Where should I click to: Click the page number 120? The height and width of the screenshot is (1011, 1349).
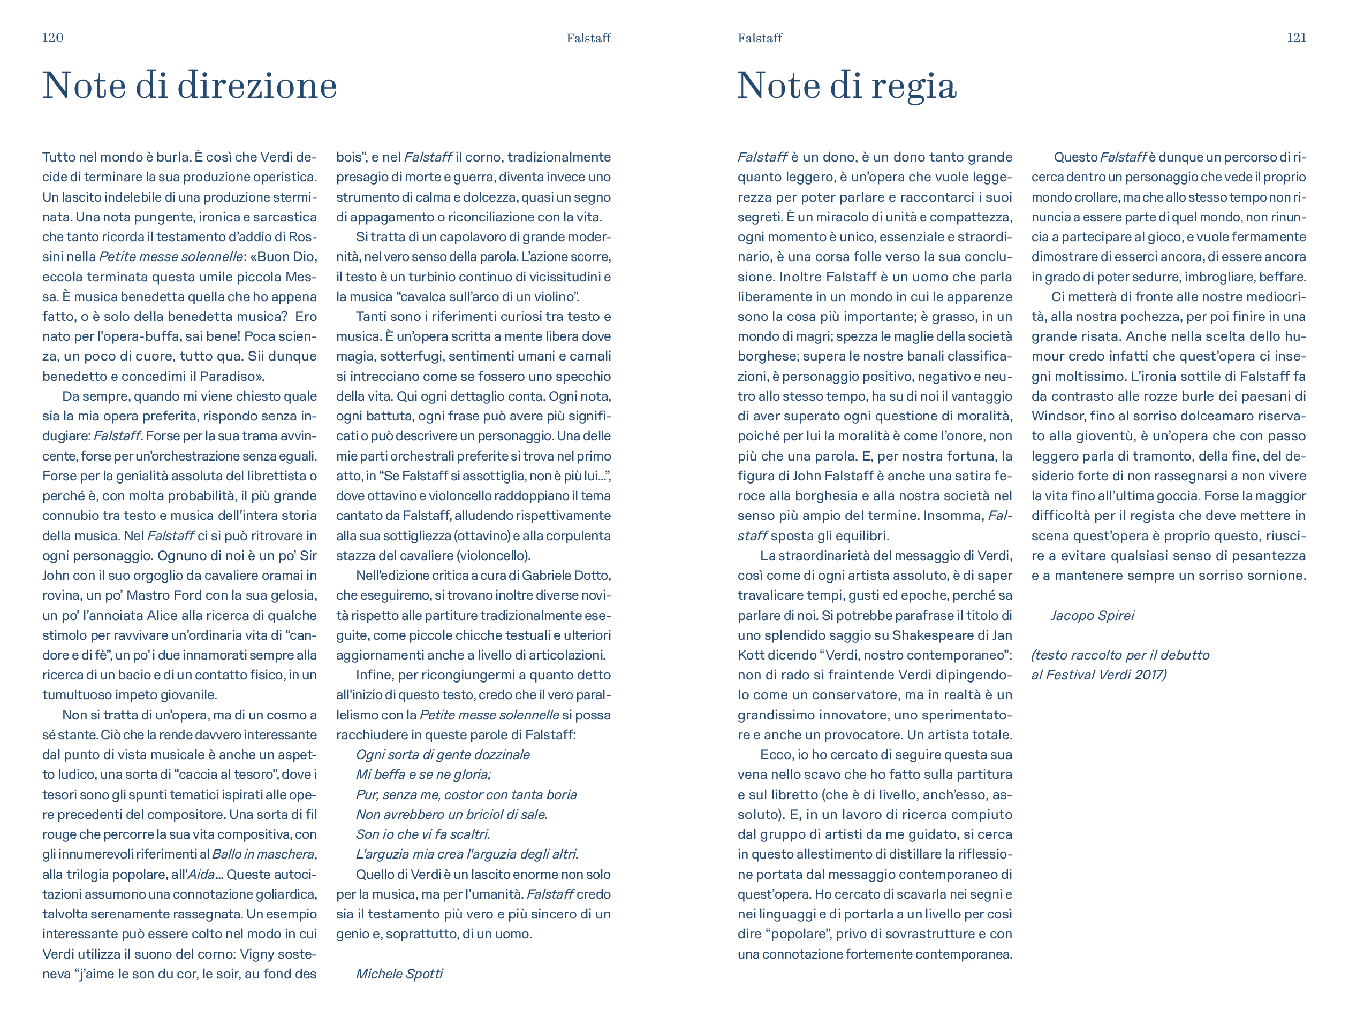click(x=52, y=38)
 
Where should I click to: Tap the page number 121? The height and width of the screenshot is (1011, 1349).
click(x=1296, y=38)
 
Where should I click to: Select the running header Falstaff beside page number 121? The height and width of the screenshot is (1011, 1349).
click(x=759, y=39)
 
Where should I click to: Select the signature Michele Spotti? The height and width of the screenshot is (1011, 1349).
click(x=399, y=973)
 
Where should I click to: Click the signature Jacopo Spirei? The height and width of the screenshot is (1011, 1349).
click(x=1092, y=615)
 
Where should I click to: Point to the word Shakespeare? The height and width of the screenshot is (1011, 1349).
click(x=942, y=635)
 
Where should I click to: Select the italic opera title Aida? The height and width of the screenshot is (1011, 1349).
click(x=201, y=874)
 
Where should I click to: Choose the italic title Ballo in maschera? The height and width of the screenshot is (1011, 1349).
click(x=263, y=854)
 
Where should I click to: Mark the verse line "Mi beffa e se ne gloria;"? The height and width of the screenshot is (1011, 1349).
click(x=423, y=774)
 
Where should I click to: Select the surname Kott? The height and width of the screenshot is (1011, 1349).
click(x=752, y=655)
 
